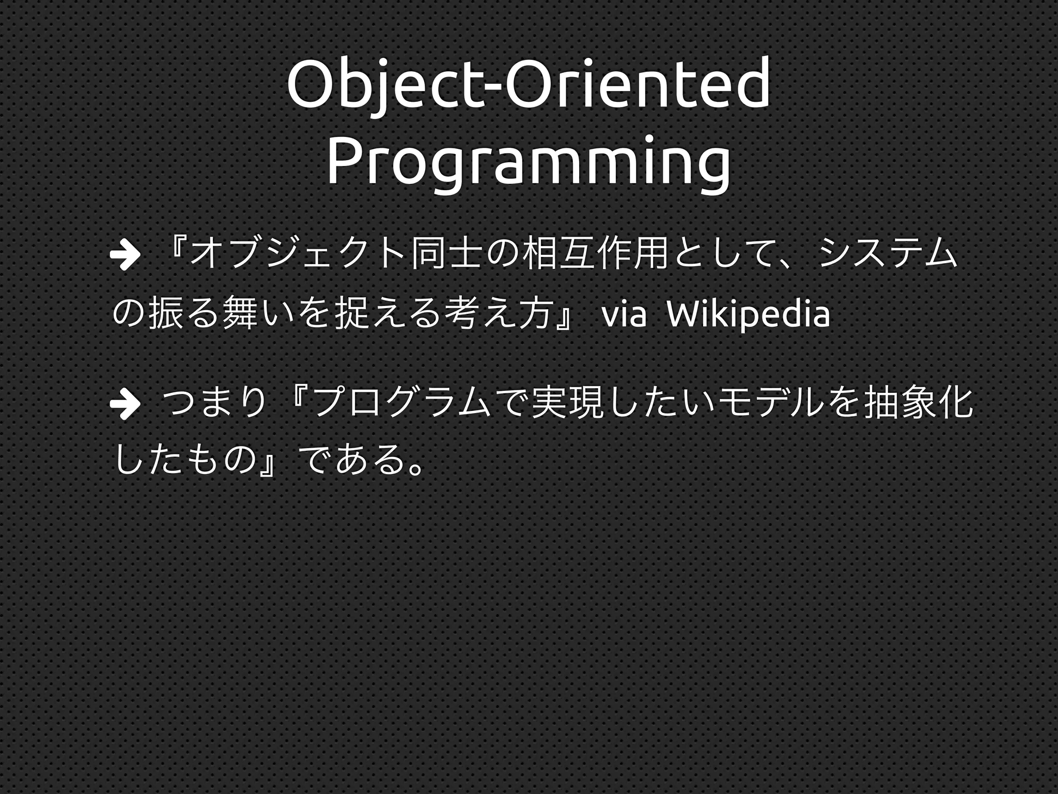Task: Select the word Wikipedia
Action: (749, 314)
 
